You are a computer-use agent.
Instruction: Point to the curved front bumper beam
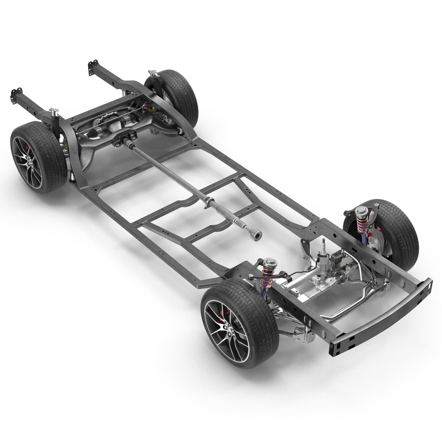(387, 317)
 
